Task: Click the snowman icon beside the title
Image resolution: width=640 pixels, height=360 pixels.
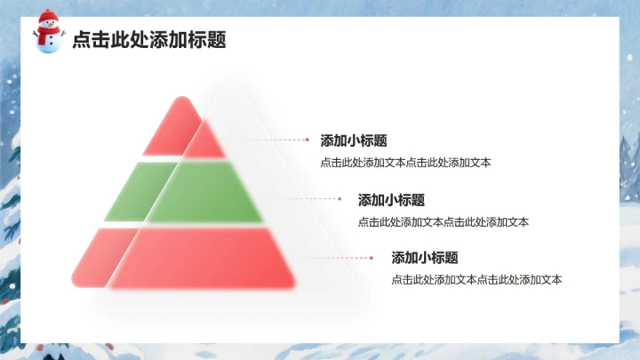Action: [x=49, y=33]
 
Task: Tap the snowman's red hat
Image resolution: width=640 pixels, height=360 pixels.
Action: [x=48, y=16]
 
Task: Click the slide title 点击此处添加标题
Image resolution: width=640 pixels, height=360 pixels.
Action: [x=148, y=39]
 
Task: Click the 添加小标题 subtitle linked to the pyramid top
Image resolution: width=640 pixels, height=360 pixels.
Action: [x=353, y=140]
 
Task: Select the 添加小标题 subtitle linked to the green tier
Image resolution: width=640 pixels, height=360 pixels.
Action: [x=391, y=200]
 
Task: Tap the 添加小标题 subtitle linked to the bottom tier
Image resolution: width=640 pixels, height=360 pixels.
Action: [x=425, y=258]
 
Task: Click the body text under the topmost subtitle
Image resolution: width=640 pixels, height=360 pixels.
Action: [x=405, y=163]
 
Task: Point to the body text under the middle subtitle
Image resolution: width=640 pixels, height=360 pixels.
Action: [x=443, y=222]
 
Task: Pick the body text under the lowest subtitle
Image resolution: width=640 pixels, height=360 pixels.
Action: [x=476, y=280]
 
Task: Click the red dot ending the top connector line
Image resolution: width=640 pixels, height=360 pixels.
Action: [x=308, y=140]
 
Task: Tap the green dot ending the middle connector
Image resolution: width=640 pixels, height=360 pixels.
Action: [x=340, y=199]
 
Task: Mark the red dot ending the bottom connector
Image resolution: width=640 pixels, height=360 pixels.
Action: [x=372, y=258]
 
